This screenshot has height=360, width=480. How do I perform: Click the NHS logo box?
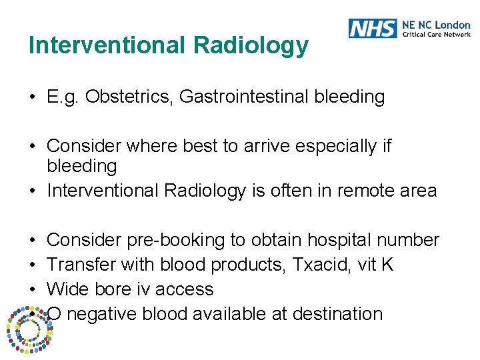[x=372, y=28]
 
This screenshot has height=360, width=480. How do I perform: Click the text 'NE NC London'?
[x=436, y=25]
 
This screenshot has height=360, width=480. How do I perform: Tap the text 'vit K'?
[x=377, y=265]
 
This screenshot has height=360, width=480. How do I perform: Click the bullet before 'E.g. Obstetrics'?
[x=32, y=97]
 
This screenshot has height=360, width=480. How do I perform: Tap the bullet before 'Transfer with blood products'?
[x=32, y=265]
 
